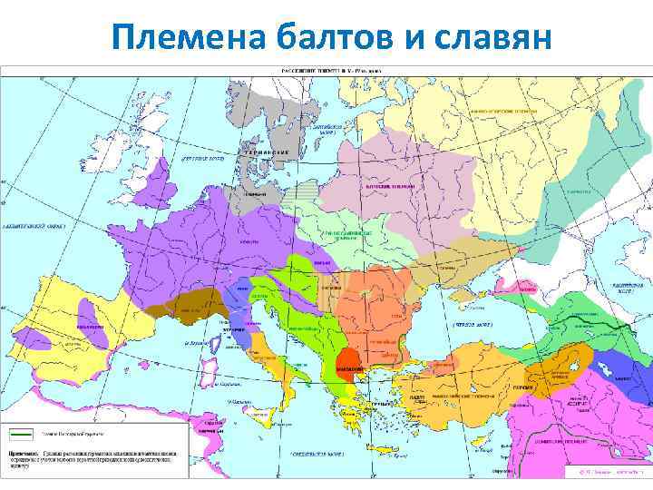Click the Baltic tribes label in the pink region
389,185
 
